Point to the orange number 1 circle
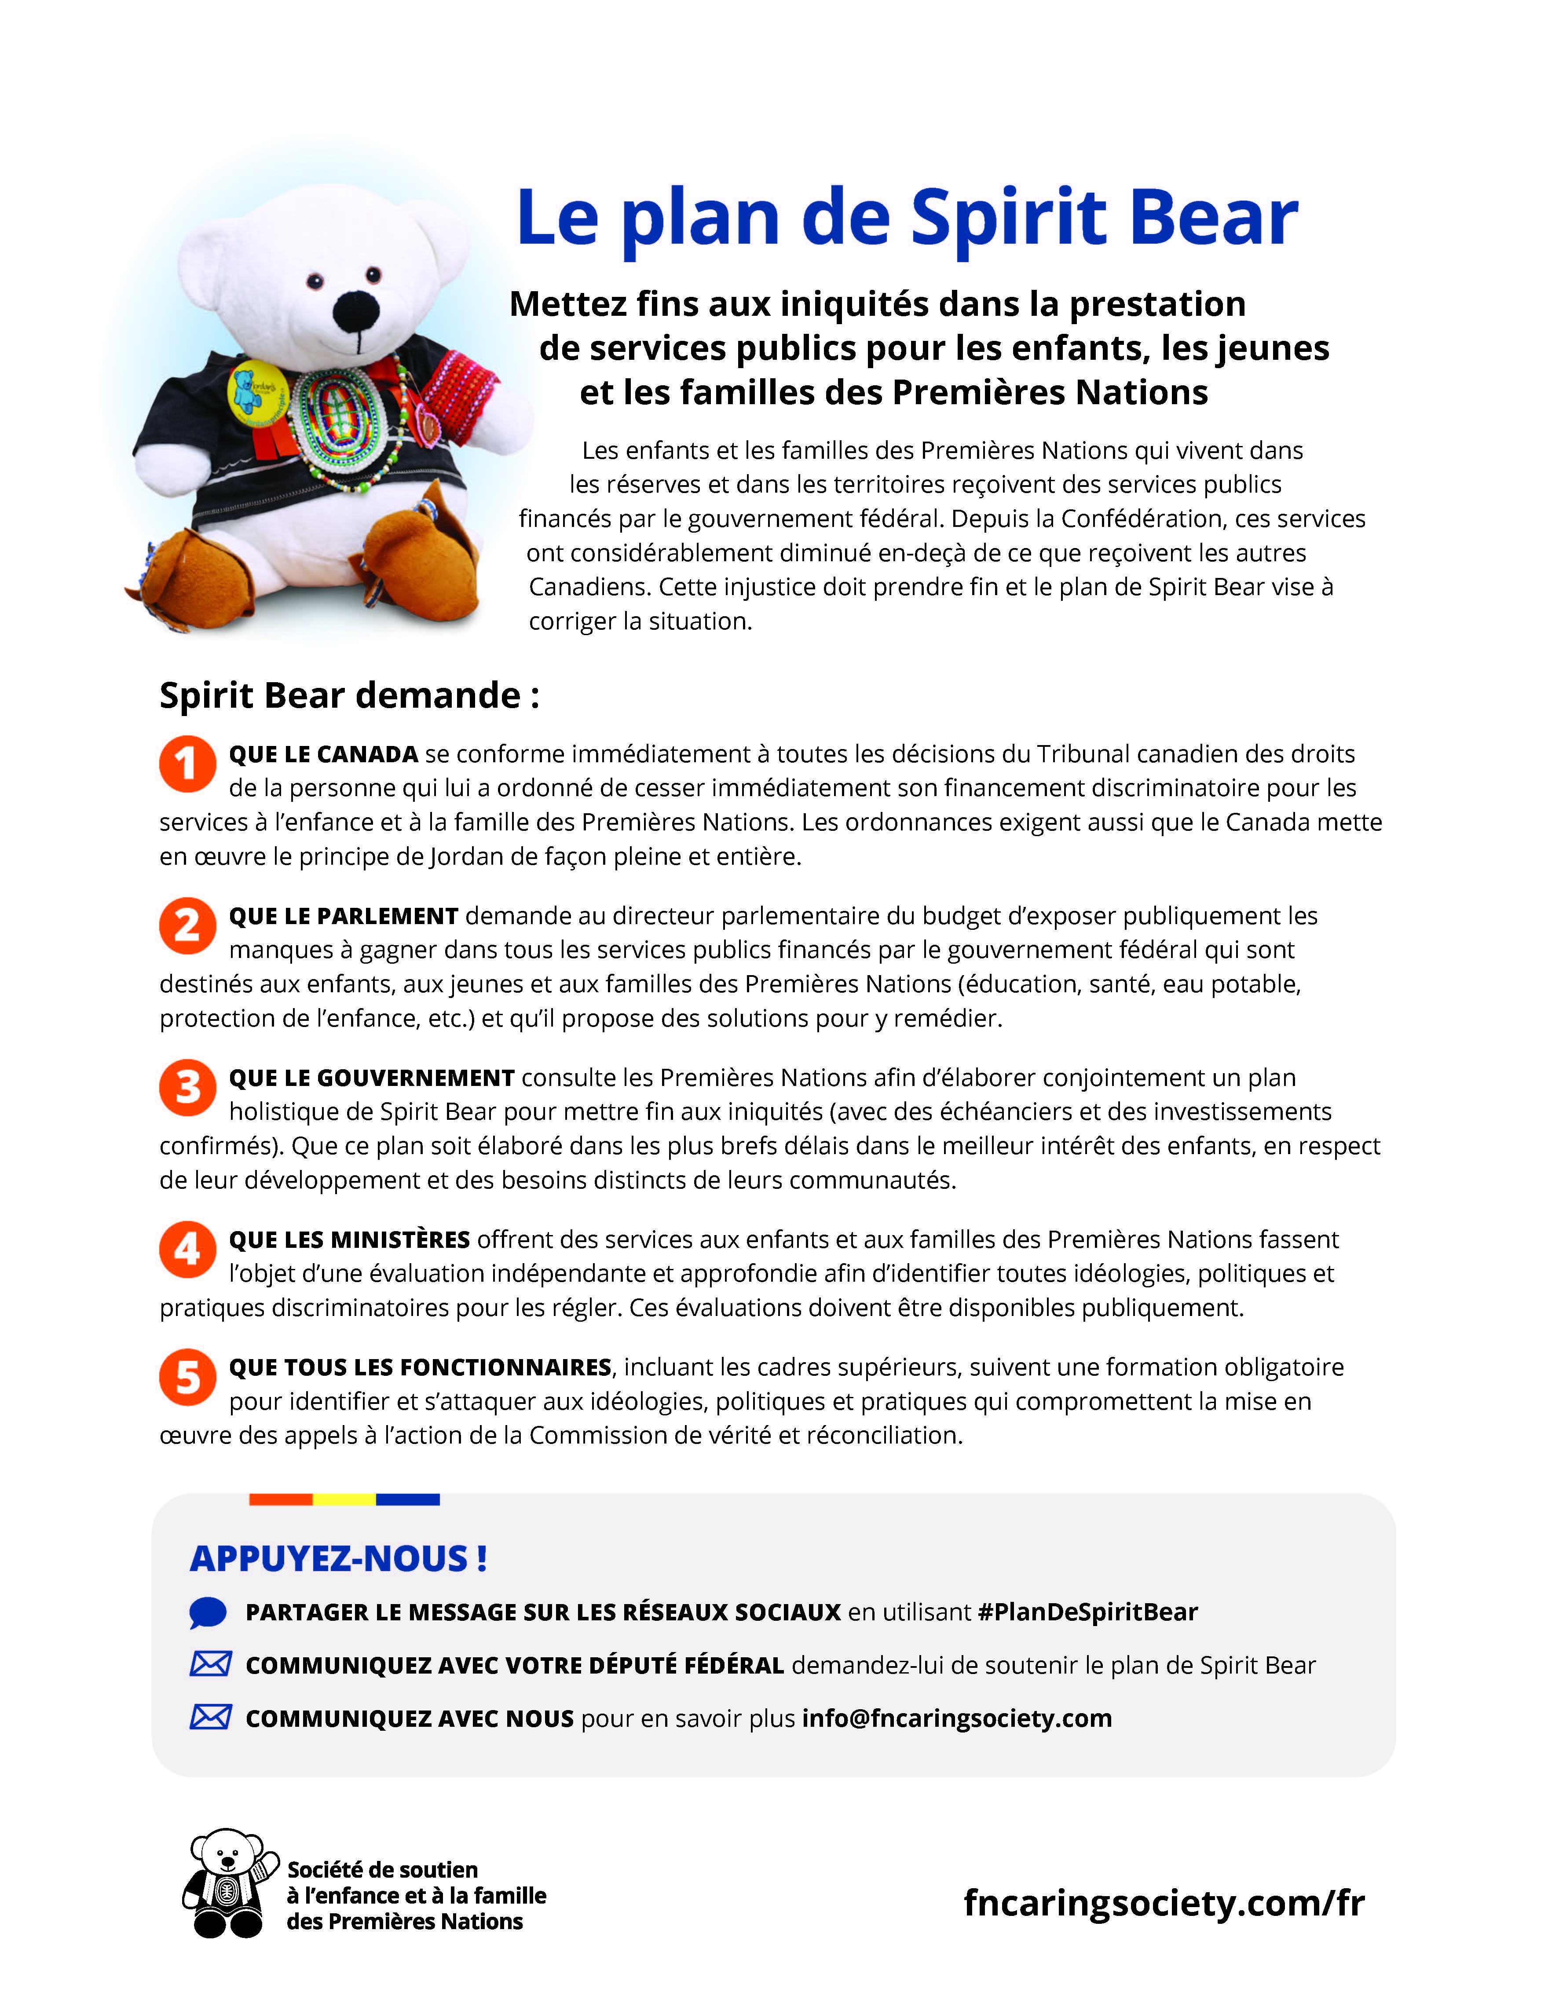tap(187, 763)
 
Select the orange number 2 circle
tap(187, 925)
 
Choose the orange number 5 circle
tap(187, 1377)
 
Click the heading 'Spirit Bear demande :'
tap(349, 695)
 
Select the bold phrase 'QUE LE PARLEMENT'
tap(343, 916)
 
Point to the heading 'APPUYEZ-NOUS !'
tap(338, 1558)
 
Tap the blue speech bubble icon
tap(208, 1612)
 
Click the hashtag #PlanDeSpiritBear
tap(1087, 1612)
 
